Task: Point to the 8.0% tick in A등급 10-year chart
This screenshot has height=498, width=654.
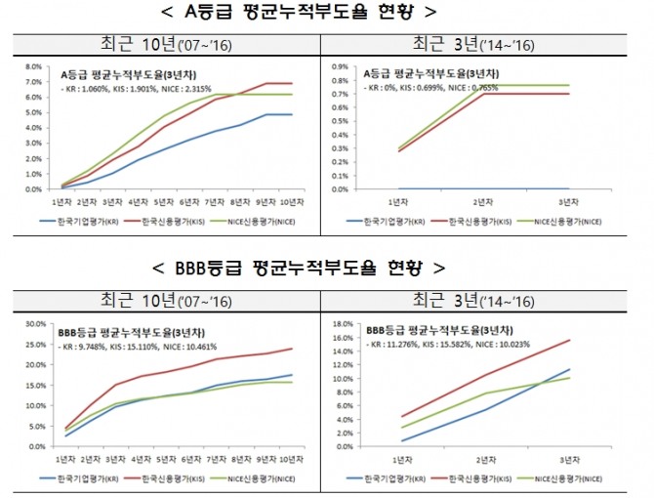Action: coord(32,67)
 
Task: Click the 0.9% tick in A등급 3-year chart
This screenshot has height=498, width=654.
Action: coord(343,67)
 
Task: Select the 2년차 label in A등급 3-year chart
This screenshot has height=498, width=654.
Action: coord(482,202)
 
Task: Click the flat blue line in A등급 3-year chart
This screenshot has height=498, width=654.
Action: coord(482,188)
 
